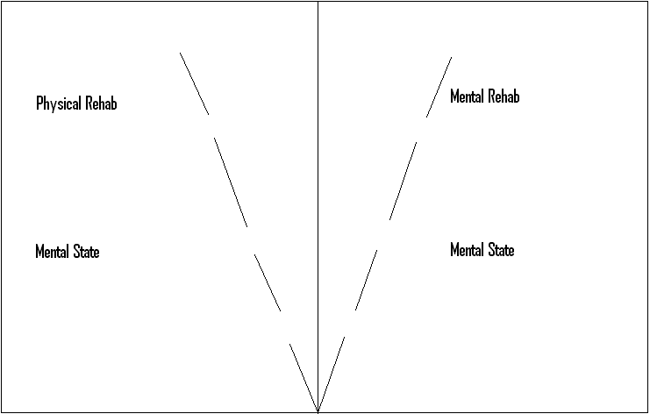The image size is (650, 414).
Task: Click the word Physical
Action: tap(58, 103)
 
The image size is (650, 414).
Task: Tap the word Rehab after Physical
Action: tap(100, 103)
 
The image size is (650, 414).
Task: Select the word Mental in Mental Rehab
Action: tap(468, 96)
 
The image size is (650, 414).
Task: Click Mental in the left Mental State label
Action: tap(52, 252)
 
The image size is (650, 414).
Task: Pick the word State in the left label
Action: tap(86, 252)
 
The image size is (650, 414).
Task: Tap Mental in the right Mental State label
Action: tap(467, 250)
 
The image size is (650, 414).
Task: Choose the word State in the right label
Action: tap(501, 250)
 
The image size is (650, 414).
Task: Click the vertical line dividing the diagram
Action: tap(318, 175)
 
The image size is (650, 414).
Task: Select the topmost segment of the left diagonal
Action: tap(194, 83)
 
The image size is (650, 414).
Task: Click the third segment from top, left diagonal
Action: tap(267, 282)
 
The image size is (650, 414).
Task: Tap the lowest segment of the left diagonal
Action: tap(304, 376)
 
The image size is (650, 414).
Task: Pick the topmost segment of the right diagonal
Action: tap(439, 87)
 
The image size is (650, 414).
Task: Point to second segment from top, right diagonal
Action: tap(403, 179)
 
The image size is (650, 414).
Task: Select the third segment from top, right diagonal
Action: tap(366, 280)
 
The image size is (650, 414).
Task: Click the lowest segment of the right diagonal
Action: tap(332, 374)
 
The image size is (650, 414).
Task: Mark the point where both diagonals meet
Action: tap(318, 410)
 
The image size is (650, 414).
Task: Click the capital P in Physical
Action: tap(39, 103)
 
